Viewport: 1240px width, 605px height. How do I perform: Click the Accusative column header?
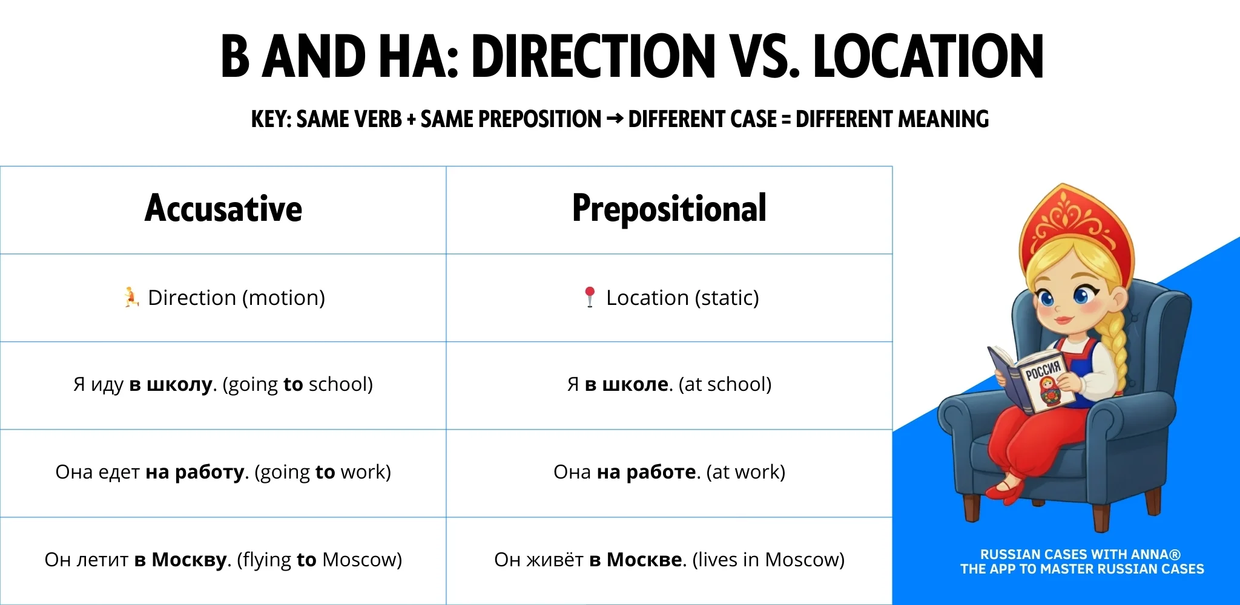click(x=223, y=209)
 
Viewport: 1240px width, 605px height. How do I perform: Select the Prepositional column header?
click(x=669, y=209)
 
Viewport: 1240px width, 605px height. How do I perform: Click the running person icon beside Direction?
click(x=131, y=297)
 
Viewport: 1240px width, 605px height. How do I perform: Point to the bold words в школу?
click(x=171, y=385)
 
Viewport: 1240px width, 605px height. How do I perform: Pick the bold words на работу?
click(x=194, y=472)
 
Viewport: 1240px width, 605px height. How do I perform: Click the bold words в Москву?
click(x=180, y=560)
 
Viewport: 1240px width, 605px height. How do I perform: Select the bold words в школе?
click(x=626, y=385)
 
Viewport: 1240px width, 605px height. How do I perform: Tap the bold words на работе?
click(x=645, y=472)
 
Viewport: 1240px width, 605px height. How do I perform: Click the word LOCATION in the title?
click(x=928, y=57)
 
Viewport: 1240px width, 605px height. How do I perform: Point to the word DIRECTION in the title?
click(x=593, y=57)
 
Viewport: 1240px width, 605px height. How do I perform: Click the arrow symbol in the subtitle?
click(x=614, y=119)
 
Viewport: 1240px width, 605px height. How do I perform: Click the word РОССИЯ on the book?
click(x=1043, y=370)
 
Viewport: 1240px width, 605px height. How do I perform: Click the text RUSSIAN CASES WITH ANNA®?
click(x=1080, y=554)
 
